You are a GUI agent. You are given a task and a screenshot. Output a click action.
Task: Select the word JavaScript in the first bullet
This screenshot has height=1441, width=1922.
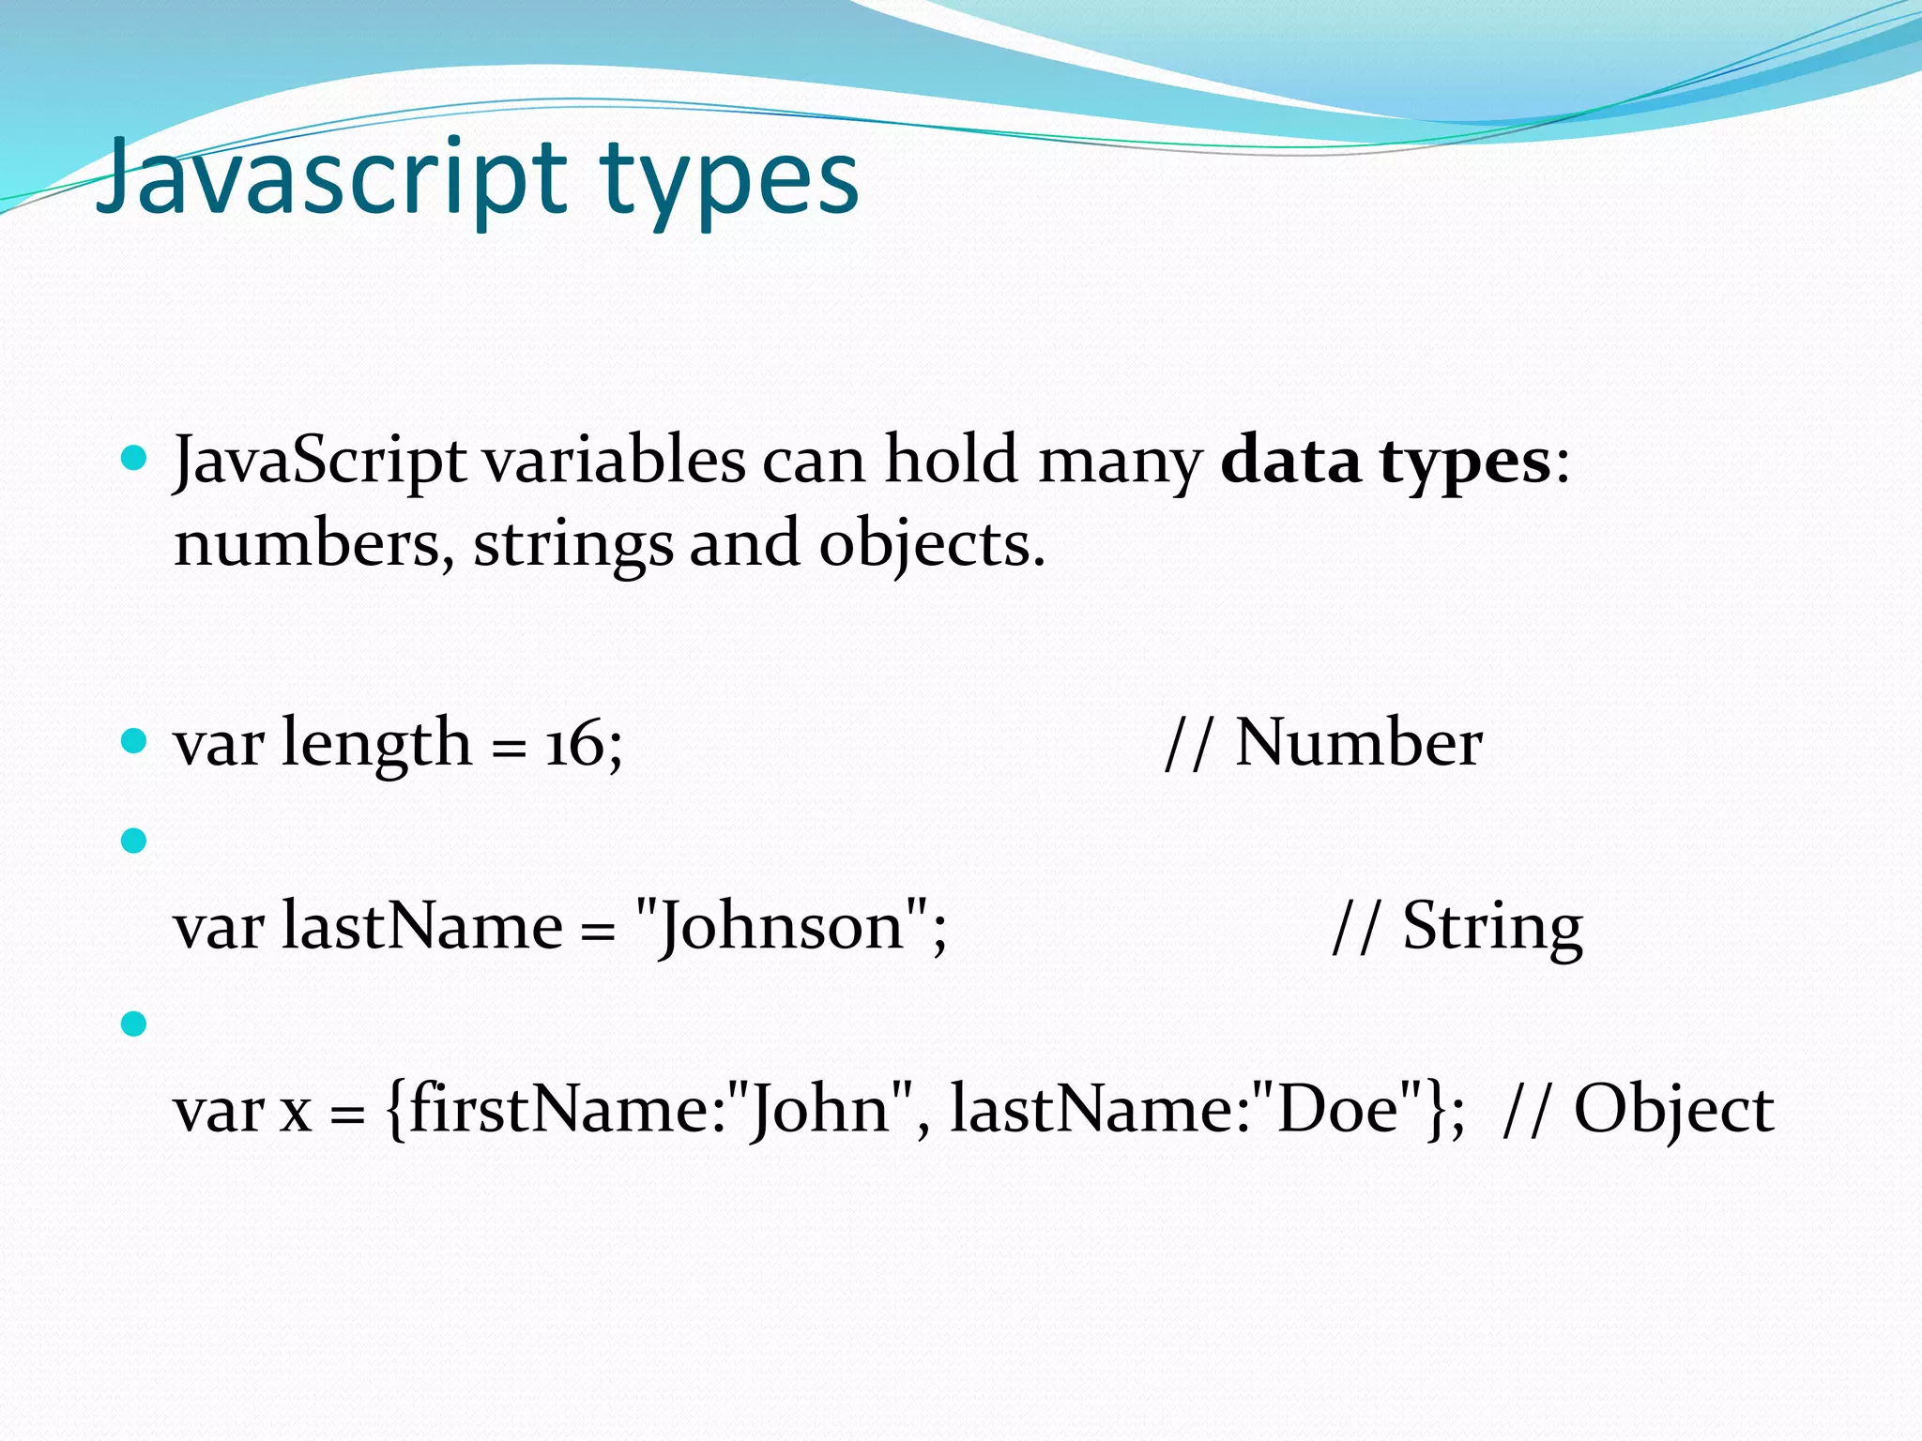319,462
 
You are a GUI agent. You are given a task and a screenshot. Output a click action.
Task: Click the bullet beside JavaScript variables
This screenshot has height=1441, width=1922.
135,459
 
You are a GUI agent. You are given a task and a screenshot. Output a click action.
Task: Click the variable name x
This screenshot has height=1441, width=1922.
296,1113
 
